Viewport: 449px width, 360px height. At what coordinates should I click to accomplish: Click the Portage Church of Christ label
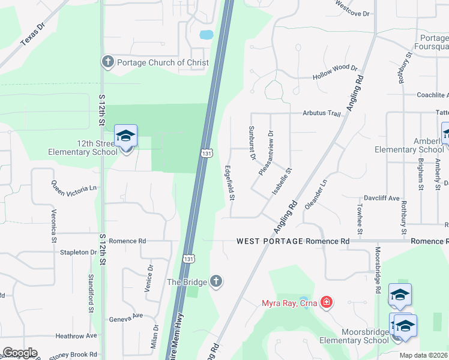click(163, 62)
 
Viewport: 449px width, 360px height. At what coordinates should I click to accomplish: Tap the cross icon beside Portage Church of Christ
click(107, 62)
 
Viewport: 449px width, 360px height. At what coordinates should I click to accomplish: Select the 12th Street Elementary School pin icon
click(125, 137)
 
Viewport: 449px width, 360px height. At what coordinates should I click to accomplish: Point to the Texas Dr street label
click(32, 34)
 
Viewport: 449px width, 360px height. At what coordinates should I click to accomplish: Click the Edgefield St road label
click(229, 183)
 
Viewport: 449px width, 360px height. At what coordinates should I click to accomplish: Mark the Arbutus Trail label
click(321, 113)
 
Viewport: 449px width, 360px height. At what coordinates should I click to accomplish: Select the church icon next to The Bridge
click(216, 282)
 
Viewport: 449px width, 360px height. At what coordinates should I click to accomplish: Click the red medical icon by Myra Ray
click(326, 302)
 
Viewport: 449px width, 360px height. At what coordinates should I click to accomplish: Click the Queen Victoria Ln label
click(74, 188)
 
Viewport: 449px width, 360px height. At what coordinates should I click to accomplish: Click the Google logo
click(19, 353)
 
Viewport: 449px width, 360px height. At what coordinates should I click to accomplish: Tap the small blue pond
click(205, 34)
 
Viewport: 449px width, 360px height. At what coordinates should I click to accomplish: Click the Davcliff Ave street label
click(382, 197)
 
